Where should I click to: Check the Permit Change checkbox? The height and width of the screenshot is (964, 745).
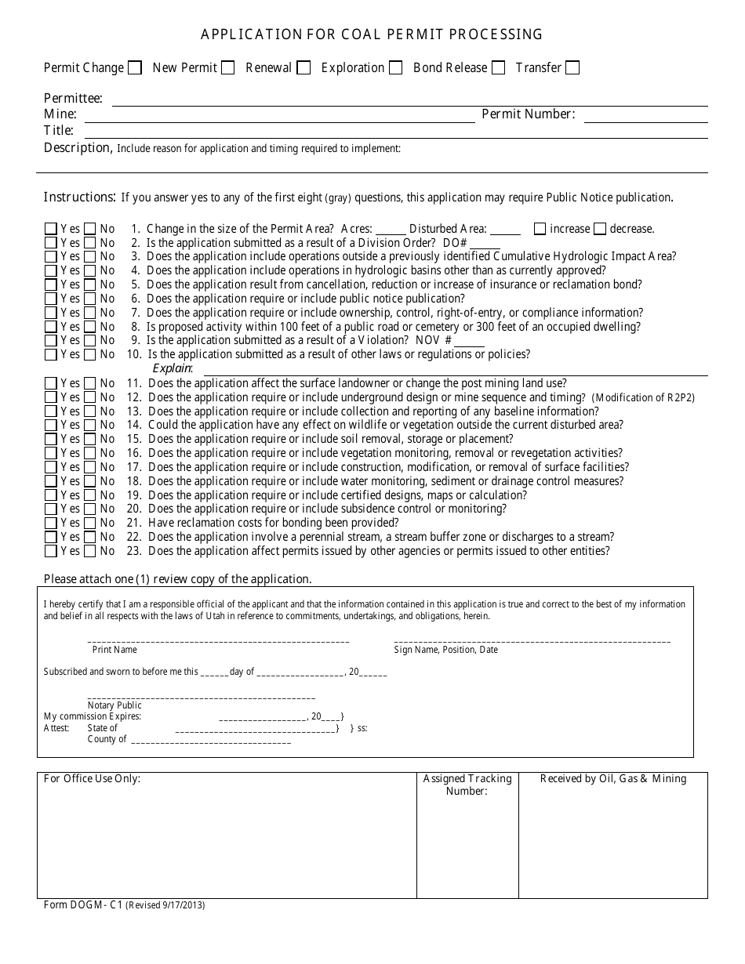pyautogui.click(x=135, y=68)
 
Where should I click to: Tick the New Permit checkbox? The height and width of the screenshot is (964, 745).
pyautogui.click(x=227, y=68)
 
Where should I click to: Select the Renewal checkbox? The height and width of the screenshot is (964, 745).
pyautogui.click(x=303, y=68)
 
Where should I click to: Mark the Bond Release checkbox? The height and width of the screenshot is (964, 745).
pyautogui.click(x=498, y=68)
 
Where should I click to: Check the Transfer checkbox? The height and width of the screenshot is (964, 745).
pyautogui.click(x=572, y=68)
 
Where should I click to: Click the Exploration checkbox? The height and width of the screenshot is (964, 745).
pyautogui.click(x=396, y=68)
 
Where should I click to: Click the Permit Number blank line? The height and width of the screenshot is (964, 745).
pyautogui.click(x=645, y=116)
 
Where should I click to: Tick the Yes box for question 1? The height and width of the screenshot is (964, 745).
pyautogui.click(x=51, y=230)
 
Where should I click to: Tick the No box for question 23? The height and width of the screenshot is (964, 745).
pyautogui.click(x=90, y=551)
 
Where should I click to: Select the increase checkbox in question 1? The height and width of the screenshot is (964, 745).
pyautogui.click(x=540, y=230)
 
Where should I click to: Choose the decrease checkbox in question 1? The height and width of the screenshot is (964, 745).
pyautogui.click(x=600, y=230)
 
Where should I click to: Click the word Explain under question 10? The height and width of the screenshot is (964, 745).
pyautogui.click(x=173, y=368)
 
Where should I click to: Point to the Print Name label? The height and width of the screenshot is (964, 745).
pyautogui.click(x=114, y=650)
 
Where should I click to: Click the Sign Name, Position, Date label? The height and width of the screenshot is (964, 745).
pyautogui.click(x=445, y=650)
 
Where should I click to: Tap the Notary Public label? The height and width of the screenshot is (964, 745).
pyautogui.click(x=114, y=705)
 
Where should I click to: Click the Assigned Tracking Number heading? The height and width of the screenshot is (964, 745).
pyautogui.click(x=467, y=785)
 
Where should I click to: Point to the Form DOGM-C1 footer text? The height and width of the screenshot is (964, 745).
pyautogui.click(x=124, y=905)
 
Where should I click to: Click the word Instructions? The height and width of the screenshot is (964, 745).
pyautogui.click(x=79, y=198)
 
